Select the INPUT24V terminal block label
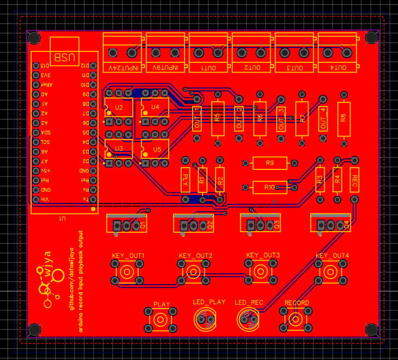(124, 68)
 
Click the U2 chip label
(119, 107)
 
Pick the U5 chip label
(157, 149)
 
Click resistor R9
(269, 163)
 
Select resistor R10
(269, 187)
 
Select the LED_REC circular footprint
(250, 319)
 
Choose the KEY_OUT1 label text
(128, 256)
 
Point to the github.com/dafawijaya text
(71, 279)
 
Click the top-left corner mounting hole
(34, 38)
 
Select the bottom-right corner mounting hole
(372, 329)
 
